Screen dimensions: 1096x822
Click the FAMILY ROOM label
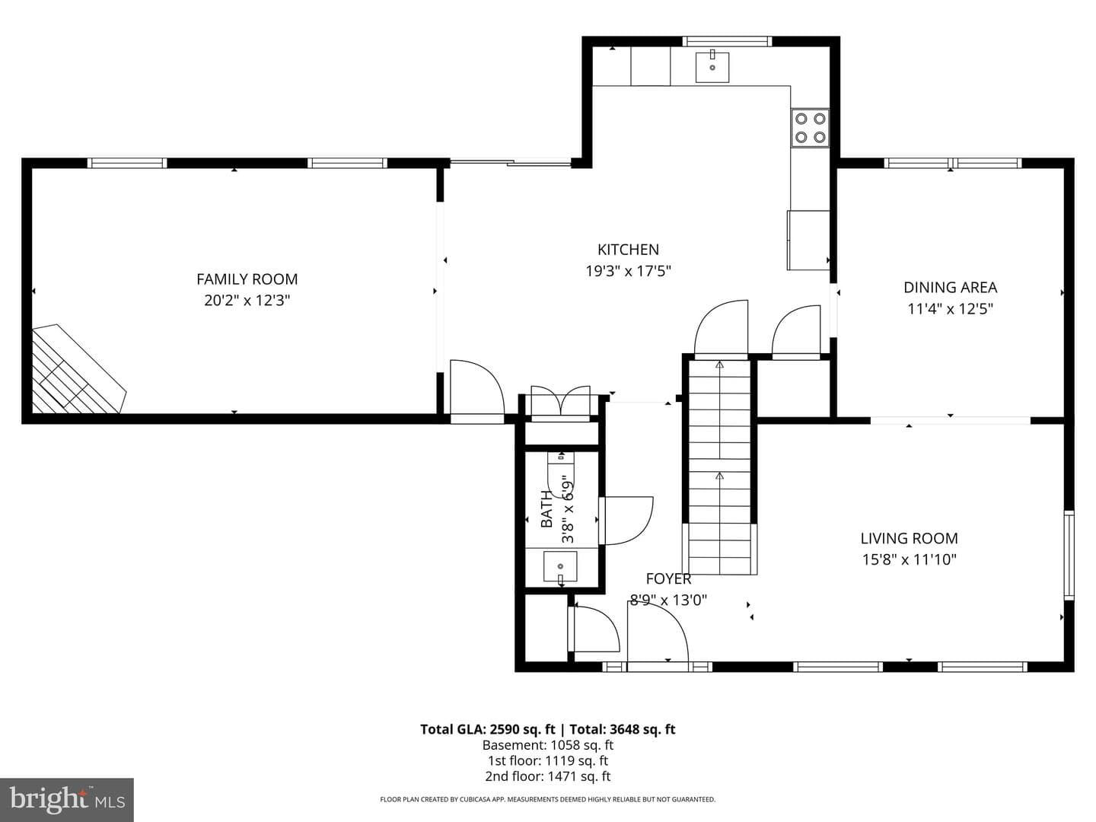coord(247,279)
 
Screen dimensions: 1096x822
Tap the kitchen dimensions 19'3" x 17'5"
coord(628,271)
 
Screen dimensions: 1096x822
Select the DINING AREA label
coord(950,288)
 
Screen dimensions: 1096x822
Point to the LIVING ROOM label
coord(910,539)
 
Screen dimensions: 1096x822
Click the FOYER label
coord(668,579)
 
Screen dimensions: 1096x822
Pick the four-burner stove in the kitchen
coord(810,128)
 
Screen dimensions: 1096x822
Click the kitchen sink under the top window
coord(712,67)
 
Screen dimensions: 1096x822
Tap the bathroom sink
coord(560,566)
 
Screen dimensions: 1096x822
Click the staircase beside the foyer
coord(719,467)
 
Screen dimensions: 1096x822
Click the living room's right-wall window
coord(1069,555)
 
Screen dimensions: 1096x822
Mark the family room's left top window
coord(127,163)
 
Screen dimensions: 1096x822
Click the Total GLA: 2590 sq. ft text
coord(487,729)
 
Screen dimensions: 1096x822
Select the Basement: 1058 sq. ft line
coord(548,745)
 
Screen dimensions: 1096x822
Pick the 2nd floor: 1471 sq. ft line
coord(548,776)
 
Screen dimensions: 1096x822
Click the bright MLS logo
coord(67,799)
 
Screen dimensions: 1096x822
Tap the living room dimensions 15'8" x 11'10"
coord(910,559)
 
